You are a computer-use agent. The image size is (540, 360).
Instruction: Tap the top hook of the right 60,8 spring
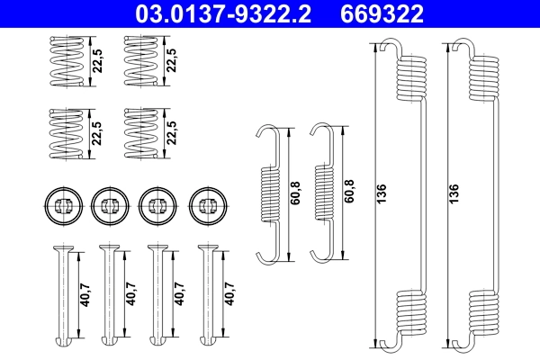tap(320, 130)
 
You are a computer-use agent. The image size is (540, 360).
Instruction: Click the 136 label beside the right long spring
tap(456, 193)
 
